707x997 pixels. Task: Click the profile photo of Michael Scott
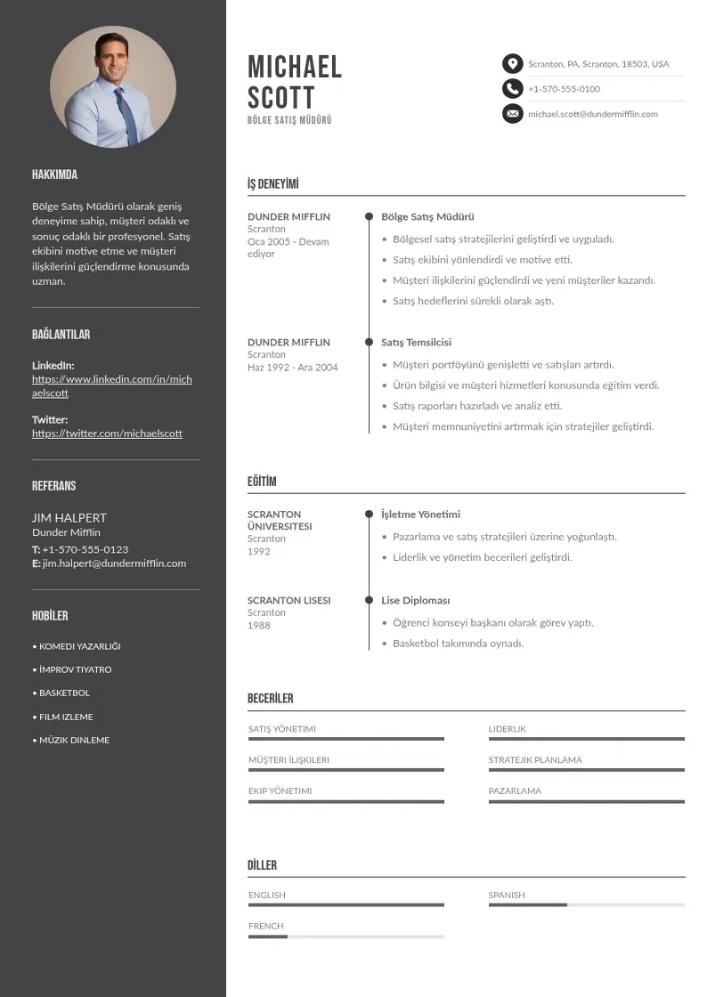click(x=113, y=86)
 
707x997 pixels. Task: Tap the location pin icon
click(x=512, y=64)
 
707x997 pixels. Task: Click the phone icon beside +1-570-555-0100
click(x=512, y=88)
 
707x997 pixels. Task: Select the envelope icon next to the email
click(x=512, y=114)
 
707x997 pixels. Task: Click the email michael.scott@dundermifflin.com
click(x=592, y=114)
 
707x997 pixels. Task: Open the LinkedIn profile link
click(x=111, y=385)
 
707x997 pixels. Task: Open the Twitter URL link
click(x=107, y=434)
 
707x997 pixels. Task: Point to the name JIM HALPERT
click(x=69, y=517)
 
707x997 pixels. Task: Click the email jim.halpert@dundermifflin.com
click(x=114, y=563)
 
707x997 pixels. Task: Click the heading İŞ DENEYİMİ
click(x=272, y=184)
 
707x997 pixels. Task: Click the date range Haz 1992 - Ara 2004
click(x=292, y=367)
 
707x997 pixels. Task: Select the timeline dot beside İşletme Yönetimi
click(x=369, y=515)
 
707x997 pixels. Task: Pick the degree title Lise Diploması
click(x=415, y=600)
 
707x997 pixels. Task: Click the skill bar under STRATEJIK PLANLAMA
click(x=586, y=770)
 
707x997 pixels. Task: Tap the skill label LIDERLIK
click(x=507, y=729)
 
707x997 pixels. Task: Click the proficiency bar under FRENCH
click(x=345, y=936)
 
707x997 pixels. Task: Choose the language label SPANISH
click(x=506, y=895)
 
